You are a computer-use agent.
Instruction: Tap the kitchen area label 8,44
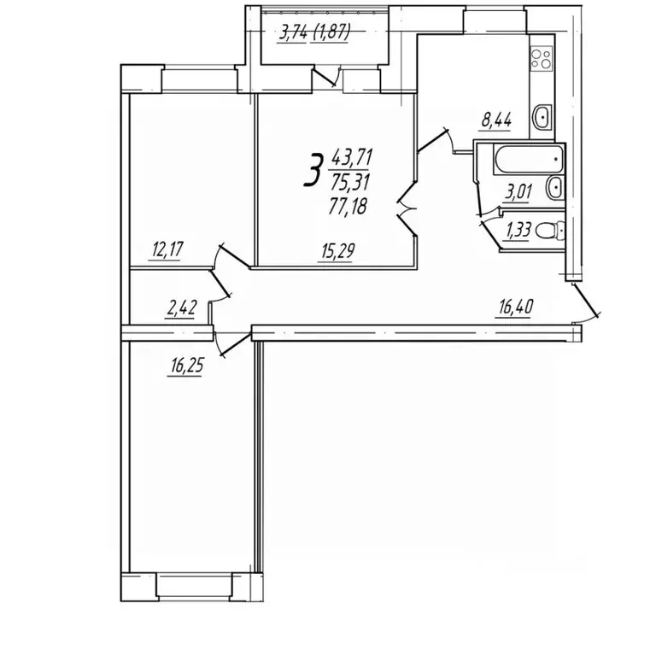(496, 120)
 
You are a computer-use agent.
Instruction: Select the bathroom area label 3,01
(518, 192)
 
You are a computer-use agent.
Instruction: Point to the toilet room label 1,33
(518, 230)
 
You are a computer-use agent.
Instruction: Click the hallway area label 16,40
(516, 307)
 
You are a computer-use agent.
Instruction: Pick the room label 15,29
(338, 251)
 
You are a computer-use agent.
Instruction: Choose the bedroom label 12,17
(167, 250)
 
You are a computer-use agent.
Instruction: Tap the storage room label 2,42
(182, 308)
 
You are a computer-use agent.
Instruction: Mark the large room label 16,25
(186, 366)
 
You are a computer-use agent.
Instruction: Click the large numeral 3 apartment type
(313, 169)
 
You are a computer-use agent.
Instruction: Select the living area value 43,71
(352, 158)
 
